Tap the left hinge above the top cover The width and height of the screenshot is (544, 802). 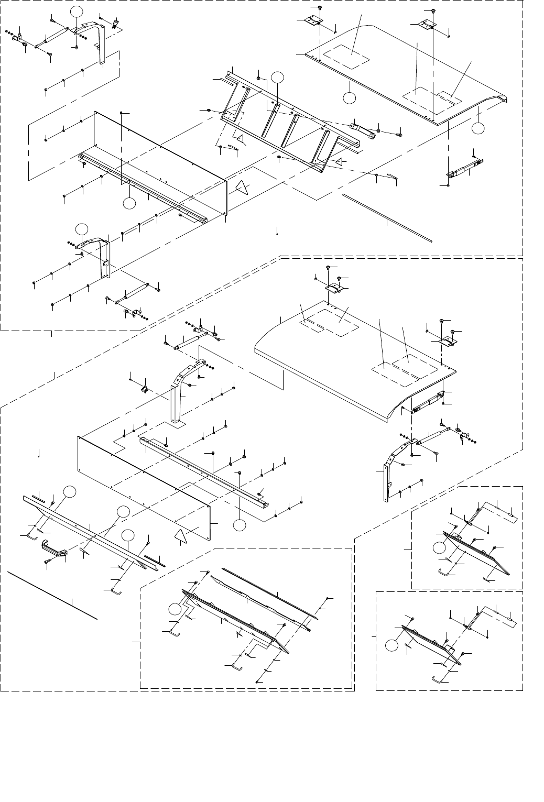pyautogui.click(x=313, y=21)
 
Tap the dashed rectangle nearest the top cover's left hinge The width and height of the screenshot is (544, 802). pyautogui.click(x=346, y=58)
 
